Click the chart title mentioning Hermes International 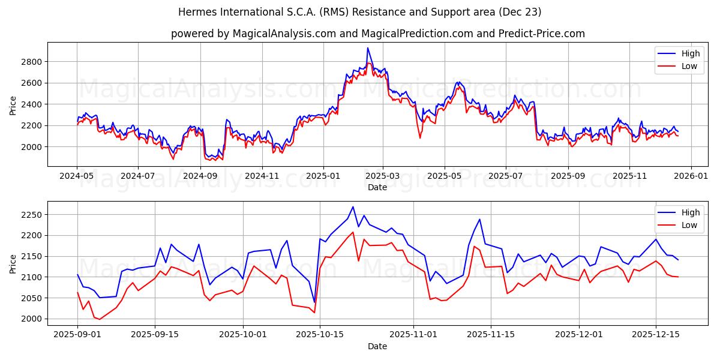360,12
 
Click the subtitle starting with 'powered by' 378,34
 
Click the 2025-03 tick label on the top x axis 383,176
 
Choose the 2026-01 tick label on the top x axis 691,176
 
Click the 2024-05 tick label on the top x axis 77,176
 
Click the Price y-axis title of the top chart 13,105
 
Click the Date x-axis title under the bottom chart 377,346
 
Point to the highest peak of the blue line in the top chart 368,48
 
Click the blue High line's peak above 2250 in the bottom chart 353,207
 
